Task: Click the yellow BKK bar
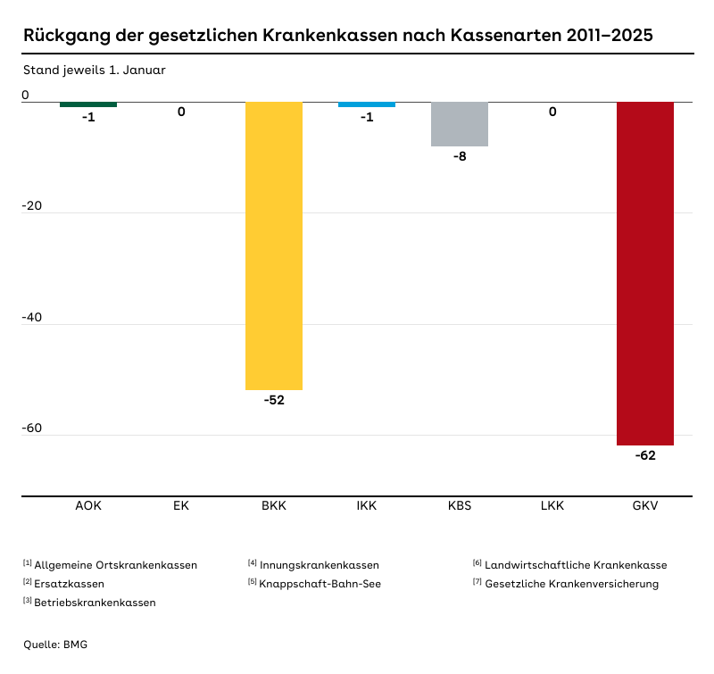(274, 245)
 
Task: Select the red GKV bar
(645, 273)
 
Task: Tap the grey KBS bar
(460, 124)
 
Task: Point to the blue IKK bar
(367, 104)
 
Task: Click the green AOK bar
(88, 104)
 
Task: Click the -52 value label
(274, 400)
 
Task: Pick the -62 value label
(645, 455)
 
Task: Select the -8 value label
(460, 156)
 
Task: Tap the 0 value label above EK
(181, 112)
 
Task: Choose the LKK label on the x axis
(552, 506)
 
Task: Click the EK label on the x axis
(181, 506)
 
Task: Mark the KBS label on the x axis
(460, 506)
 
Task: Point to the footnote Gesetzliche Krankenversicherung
(571, 584)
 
